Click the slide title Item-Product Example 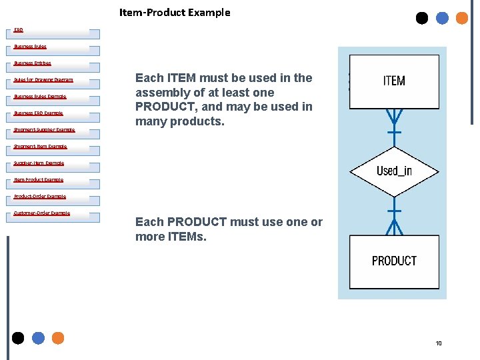click(x=175, y=13)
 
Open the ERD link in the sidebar click(x=19, y=30)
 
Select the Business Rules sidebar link click(x=30, y=47)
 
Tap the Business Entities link click(x=33, y=63)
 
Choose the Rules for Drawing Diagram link click(x=43, y=80)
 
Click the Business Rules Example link click(x=40, y=97)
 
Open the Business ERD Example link click(x=38, y=113)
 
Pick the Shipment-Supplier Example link click(x=44, y=130)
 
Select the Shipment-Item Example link click(x=40, y=147)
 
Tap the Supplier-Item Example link click(x=39, y=163)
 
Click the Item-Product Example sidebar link click(x=38, y=180)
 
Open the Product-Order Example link click(x=40, y=197)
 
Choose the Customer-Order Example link click(x=41, y=213)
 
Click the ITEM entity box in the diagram click(x=394, y=81)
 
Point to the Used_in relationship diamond click(x=394, y=171)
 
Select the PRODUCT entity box click(x=394, y=261)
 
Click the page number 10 click(x=439, y=343)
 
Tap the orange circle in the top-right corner click(x=461, y=18)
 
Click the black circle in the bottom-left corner click(x=18, y=338)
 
